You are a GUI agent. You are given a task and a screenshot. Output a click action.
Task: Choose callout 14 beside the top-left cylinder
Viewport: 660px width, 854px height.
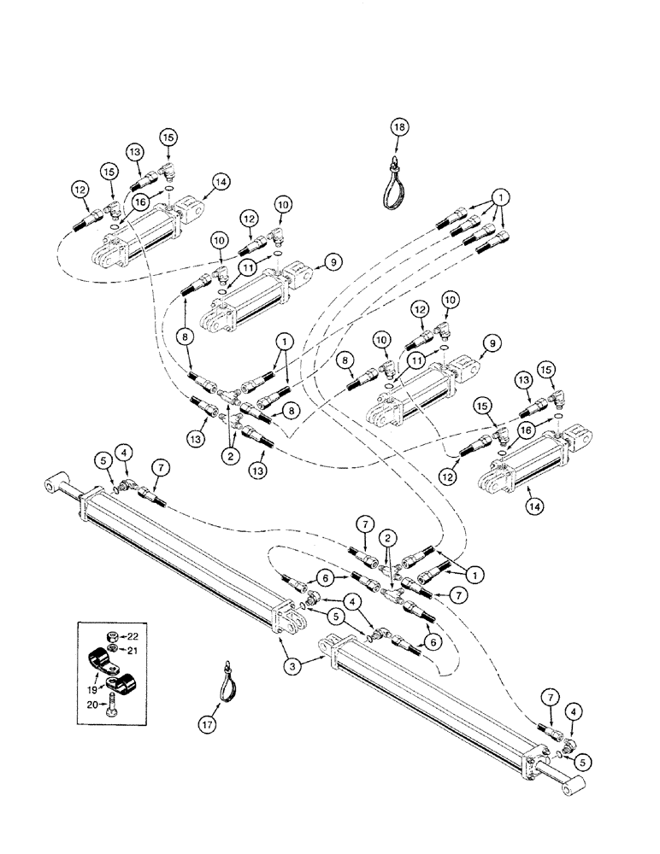[221, 181]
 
